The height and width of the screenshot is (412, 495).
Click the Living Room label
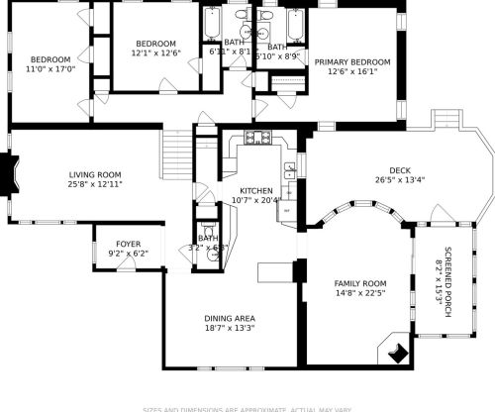tap(95, 173)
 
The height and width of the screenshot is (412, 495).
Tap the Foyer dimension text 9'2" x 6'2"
tap(128, 254)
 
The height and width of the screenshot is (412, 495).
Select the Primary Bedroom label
tap(352, 61)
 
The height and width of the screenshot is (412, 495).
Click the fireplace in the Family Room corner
tap(396, 350)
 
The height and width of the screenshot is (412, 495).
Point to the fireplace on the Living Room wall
tap(10, 174)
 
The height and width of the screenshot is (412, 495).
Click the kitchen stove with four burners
tap(251, 139)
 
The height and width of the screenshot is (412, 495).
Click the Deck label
tap(399, 169)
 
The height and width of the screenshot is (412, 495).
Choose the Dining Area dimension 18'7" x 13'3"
tap(230, 328)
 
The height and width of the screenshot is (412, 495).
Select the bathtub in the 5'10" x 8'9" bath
tap(294, 24)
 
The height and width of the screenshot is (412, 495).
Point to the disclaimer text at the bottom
tap(247, 408)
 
